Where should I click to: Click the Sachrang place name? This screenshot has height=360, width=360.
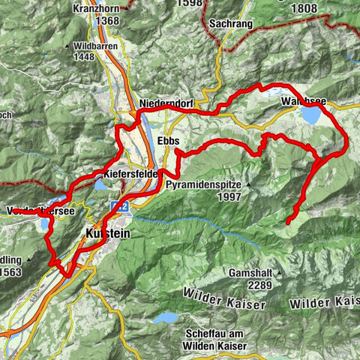click(232, 24)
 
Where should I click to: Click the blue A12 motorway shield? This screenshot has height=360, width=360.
click(116, 205)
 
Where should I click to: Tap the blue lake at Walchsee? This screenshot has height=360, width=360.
click(310, 115)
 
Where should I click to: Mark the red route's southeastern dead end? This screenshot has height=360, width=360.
click(289, 222)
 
